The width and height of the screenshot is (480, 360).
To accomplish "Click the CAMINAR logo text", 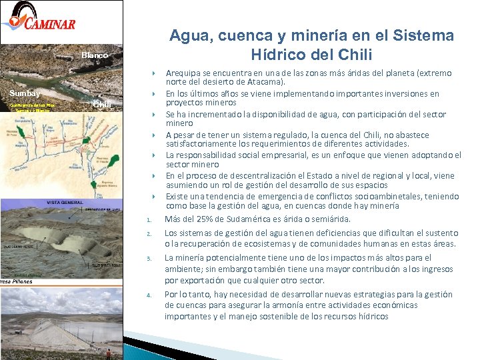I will coord(50,25).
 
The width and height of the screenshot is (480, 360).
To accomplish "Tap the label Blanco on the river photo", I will coord(95,55).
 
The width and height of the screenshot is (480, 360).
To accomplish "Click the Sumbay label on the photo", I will coord(25,93).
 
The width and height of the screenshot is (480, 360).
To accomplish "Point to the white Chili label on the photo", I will coord(102,104).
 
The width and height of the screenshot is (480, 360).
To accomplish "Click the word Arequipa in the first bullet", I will coord(185,73).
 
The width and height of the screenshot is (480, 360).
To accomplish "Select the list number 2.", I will coord(150,234).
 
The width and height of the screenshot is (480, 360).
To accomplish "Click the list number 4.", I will coord(150,295).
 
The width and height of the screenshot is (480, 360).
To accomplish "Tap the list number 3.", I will coord(150,259).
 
